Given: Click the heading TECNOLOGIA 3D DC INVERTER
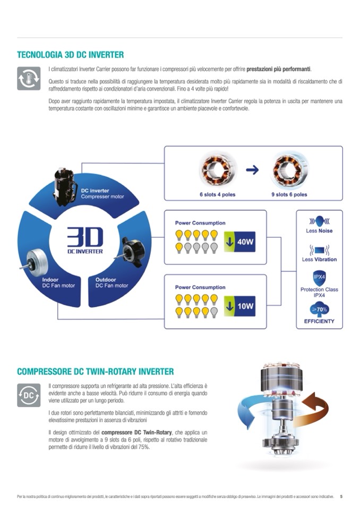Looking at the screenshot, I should [x=70, y=55].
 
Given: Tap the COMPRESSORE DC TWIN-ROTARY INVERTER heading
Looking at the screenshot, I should [x=95, y=372].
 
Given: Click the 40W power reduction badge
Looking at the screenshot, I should [x=239, y=242].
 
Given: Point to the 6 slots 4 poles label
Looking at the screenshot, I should [x=218, y=195].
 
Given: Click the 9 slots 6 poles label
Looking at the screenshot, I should [x=289, y=195].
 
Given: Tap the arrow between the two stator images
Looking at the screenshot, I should [x=253, y=170].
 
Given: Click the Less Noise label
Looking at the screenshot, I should [x=319, y=231].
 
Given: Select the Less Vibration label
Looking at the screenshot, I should [x=319, y=260].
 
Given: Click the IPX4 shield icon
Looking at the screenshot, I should [x=319, y=277].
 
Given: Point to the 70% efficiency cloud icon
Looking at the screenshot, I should [x=319, y=309].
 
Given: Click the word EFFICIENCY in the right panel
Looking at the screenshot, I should [x=319, y=321].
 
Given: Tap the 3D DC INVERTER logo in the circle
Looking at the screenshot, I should [x=85, y=240].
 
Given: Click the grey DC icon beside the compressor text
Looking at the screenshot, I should [x=28, y=395].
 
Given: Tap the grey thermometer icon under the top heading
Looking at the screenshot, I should [x=28, y=78].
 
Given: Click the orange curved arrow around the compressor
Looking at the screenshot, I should [x=314, y=408].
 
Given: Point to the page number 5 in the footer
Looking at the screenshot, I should [x=341, y=497].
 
